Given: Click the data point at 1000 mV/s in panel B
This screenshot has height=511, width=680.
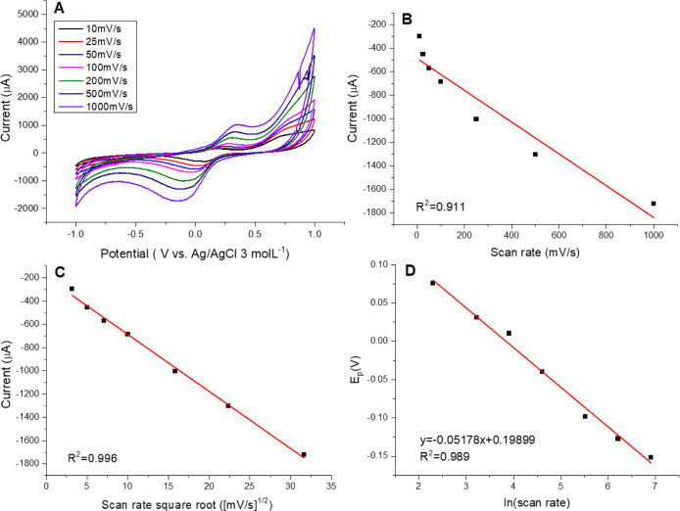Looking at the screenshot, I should [654, 204].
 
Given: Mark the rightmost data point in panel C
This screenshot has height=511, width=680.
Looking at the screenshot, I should [304, 454].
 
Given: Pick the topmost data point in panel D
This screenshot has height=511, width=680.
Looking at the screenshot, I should [432, 283].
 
